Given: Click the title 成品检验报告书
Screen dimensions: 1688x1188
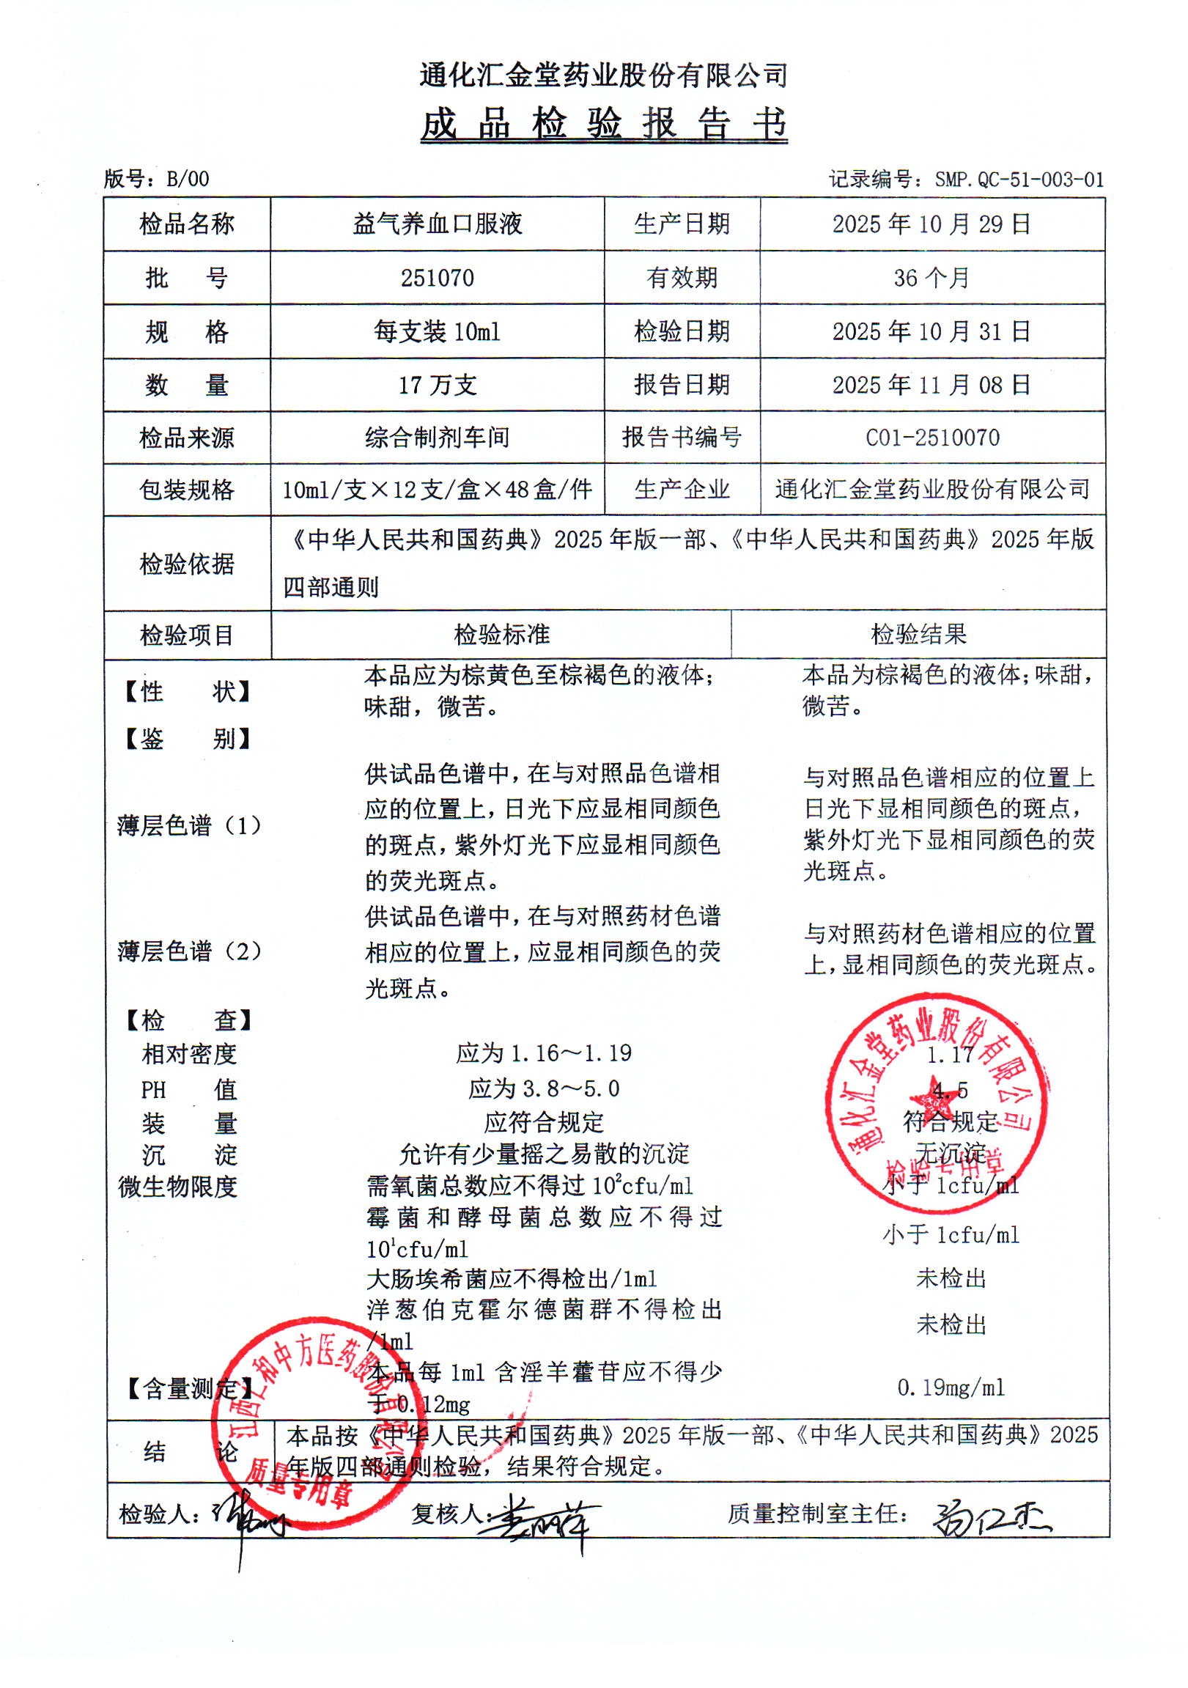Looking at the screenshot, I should pos(604,124).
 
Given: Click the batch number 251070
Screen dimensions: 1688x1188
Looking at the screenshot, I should pos(438,278).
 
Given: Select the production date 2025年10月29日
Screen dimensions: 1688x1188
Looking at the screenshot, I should pos(931,224).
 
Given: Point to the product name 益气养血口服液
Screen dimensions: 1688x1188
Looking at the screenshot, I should pos(438,224).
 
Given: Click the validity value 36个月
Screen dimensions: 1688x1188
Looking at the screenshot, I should pos(931,278).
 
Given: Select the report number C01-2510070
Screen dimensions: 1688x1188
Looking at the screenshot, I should pos(932,438).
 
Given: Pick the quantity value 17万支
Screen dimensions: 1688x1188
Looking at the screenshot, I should pos(438,386).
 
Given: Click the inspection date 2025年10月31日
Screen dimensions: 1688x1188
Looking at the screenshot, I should pos(931,331).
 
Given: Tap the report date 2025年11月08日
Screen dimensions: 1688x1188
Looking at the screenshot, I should pos(931,385).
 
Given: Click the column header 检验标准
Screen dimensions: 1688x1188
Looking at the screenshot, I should pos(501,635).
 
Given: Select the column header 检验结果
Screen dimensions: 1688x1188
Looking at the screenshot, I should pos(918,635).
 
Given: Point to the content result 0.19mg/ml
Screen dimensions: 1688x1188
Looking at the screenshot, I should pos(951,1388).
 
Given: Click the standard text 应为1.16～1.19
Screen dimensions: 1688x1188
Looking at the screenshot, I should pos(543,1053).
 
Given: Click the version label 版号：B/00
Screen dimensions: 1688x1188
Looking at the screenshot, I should pos(157,179).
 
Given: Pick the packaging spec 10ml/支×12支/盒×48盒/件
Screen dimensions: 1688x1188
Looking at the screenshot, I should pos(438,490).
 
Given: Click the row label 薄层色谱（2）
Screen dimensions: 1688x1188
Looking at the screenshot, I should pos(189,951).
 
